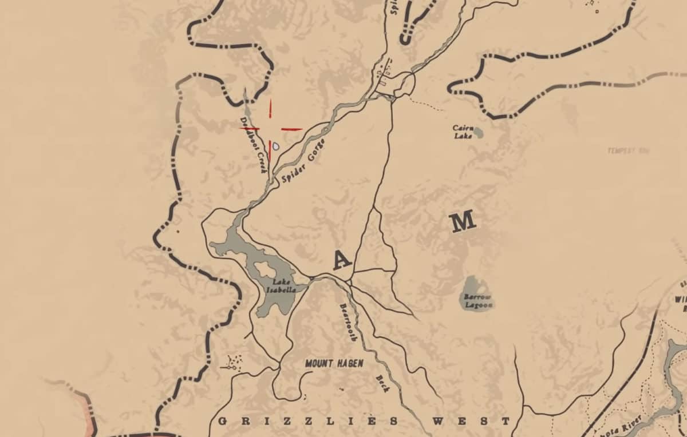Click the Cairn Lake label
462,132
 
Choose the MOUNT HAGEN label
334,363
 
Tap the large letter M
463,221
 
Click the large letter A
342,260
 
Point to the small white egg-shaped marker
276,146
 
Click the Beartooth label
348,322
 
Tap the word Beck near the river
382,383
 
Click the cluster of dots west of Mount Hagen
234,362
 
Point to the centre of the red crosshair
270,129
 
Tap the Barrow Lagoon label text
477,301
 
